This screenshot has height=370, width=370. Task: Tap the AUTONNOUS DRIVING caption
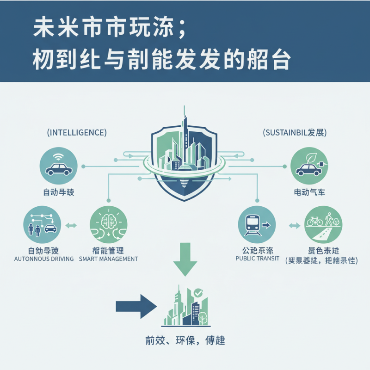click(44, 259)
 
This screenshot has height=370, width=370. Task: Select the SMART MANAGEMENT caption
click(108, 259)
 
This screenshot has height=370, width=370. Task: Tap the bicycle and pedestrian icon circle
click(323, 225)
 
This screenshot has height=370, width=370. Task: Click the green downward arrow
click(185, 259)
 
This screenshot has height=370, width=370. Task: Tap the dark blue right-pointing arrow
click(136, 306)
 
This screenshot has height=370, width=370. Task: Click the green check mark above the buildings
click(198, 293)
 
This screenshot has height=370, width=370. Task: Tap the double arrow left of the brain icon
click(72, 226)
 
